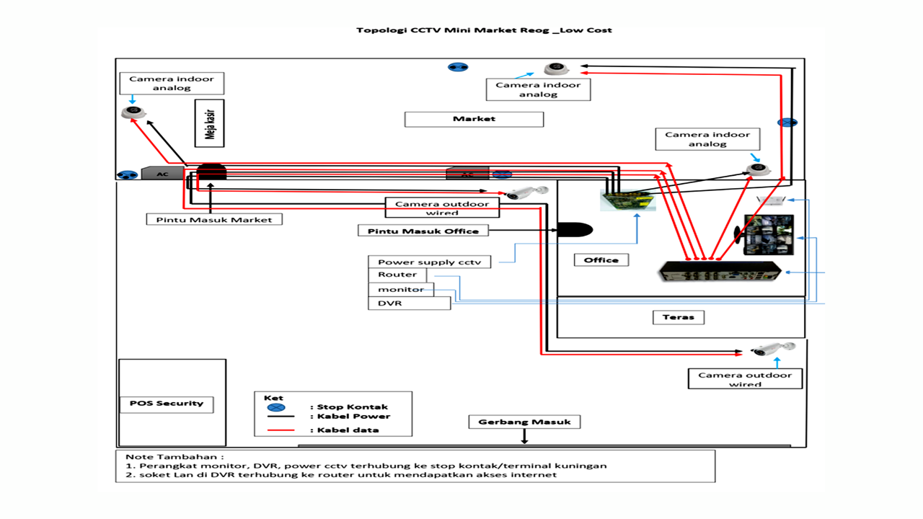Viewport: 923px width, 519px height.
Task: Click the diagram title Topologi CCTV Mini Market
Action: point(484,30)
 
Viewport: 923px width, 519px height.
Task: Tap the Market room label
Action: point(474,119)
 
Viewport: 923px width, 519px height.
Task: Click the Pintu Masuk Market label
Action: point(213,219)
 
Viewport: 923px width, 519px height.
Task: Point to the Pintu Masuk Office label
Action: point(423,231)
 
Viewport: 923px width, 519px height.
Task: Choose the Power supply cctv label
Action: point(429,262)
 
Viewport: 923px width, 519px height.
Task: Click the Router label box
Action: point(397,275)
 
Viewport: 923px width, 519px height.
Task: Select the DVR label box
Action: point(409,303)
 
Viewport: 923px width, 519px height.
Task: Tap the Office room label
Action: point(601,259)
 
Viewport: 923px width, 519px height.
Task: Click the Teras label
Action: point(678,317)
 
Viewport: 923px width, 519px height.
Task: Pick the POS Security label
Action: point(167,404)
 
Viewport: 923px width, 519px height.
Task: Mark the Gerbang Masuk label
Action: point(524,422)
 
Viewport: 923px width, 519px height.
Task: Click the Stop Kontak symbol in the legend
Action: point(276,407)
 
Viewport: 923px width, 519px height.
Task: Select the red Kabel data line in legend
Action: point(281,430)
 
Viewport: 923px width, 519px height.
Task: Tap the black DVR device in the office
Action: point(719,272)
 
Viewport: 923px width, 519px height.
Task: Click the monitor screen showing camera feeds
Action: point(769,234)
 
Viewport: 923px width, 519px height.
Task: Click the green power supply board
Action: point(627,200)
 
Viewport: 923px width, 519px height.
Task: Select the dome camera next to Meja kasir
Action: point(133,112)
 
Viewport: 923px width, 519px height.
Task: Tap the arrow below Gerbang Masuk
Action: point(524,437)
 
